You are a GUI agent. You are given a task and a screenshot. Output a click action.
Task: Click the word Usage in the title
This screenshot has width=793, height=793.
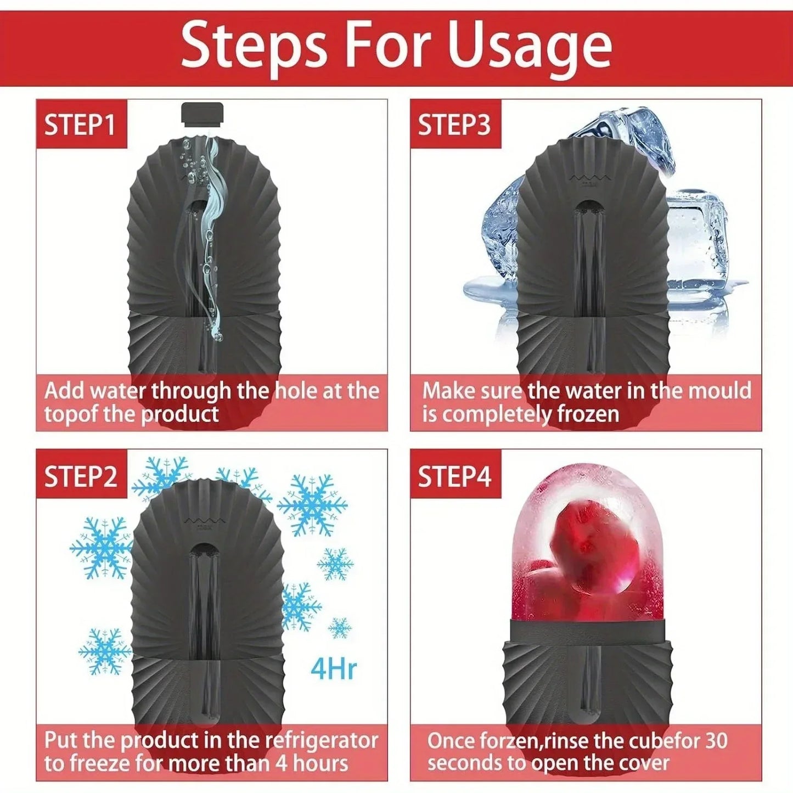point(530,48)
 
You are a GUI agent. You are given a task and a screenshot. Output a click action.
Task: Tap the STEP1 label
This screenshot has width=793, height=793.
point(80,125)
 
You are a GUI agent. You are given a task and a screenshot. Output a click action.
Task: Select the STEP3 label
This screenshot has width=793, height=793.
point(454,125)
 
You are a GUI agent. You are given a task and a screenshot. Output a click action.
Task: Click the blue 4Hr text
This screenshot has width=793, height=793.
point(333,668)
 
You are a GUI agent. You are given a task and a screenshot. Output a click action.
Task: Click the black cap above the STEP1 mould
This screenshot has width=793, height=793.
point(202,113)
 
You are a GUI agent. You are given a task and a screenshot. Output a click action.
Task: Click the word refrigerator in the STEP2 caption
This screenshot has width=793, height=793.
point(322,740)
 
